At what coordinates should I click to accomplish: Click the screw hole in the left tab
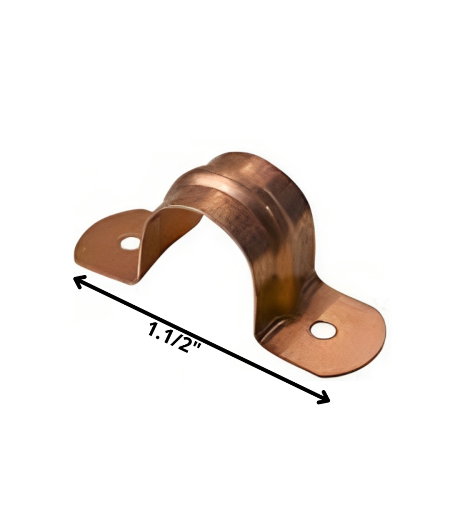click(x=129, y=242)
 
